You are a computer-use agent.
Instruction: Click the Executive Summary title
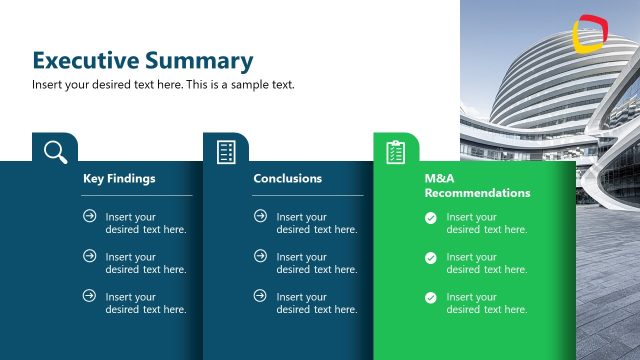142,60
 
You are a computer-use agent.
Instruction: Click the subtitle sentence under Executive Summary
163,85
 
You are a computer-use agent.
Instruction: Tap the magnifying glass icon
55,151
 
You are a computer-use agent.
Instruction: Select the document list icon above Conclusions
226,151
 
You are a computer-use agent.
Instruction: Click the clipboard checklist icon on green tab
396,151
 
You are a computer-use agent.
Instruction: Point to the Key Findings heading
119,179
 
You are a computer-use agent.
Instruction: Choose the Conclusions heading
288,179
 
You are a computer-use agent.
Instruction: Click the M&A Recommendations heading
463,185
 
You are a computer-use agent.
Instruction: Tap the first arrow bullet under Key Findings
90,216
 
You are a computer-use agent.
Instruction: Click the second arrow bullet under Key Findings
90,256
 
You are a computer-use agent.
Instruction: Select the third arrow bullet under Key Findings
90,296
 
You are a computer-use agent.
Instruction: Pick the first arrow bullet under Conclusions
260,216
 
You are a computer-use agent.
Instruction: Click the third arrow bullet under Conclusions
260,296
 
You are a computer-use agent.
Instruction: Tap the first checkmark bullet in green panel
430,217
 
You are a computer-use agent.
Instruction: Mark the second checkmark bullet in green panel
430,257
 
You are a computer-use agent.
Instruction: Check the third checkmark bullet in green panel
430,297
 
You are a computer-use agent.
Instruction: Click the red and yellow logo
589,33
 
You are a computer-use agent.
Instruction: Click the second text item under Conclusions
316,263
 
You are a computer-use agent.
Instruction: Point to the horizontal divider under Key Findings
137,195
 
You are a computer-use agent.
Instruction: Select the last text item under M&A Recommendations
486,303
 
